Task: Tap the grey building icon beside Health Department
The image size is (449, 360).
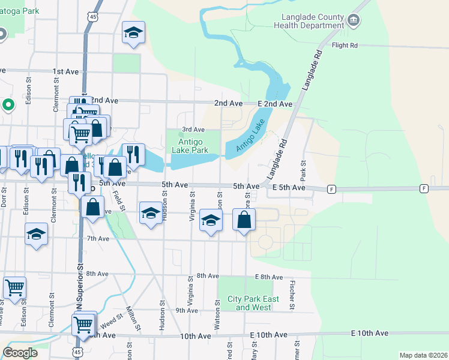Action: click(x=354, y=21)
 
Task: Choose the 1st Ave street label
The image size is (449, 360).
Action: click(x=65, y=71)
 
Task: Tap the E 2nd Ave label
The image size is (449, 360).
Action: click(x=275, y=104)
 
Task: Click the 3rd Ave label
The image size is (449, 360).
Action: click(x=193, y=129)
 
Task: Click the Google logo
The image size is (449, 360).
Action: click(x=20, y=352)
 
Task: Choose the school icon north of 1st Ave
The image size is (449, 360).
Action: click(x=133, y=33)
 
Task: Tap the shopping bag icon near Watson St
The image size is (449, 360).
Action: click(x=244, y=220)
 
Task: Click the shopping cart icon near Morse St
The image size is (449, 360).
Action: click(x=14, y=287)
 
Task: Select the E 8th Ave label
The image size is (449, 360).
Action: click(x=268, y=277)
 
